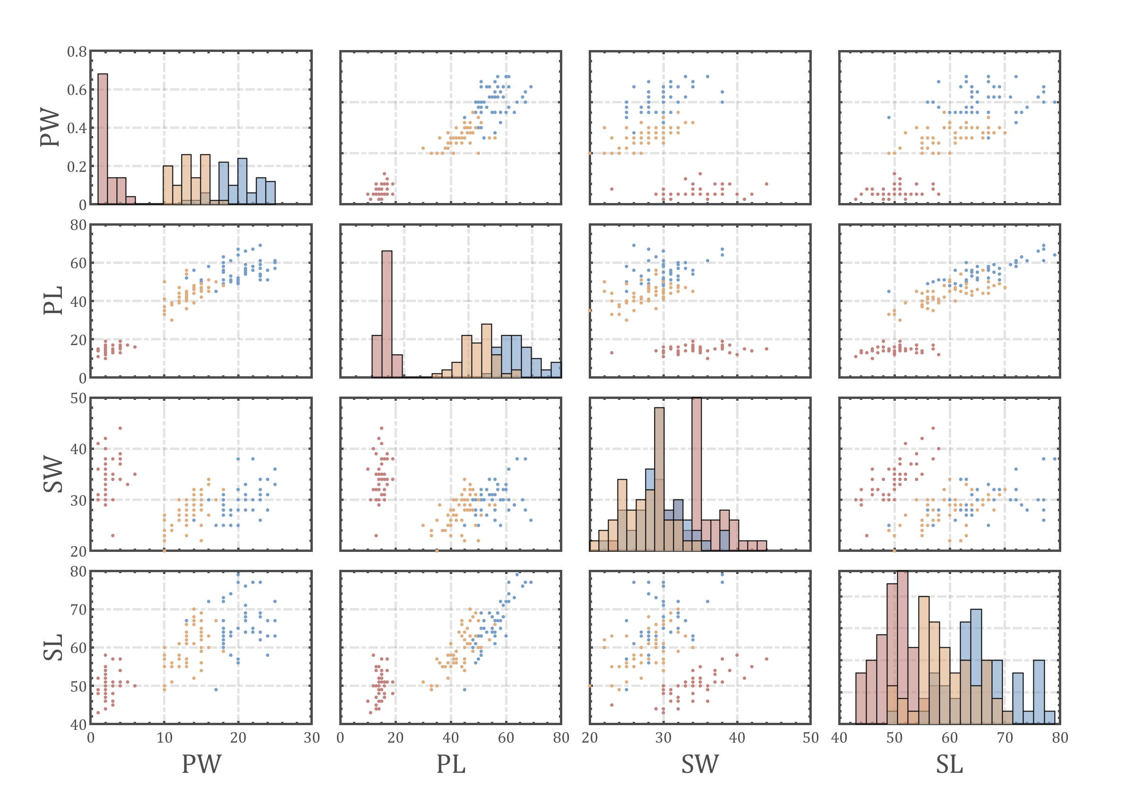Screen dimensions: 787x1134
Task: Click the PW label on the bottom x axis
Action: [x=201, y=764]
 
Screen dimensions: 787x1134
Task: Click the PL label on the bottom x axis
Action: [x=451, y=764]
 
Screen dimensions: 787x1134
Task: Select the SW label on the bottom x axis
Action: [x=700, y=764]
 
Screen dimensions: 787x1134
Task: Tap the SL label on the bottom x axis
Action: [x=949, y=764]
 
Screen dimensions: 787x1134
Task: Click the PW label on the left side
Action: [x=51, y=127]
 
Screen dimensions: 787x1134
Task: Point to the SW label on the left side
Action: [x=53, y=474]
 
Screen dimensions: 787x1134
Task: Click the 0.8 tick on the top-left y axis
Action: [x=77, y=52]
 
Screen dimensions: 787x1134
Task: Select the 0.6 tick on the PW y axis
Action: [x=77, y=90]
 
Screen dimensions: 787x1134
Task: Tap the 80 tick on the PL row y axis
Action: [x=78, y=225]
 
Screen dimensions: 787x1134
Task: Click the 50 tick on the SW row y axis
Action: [x=78, y=398]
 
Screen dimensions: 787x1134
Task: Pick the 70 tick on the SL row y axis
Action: [x=78, y=610]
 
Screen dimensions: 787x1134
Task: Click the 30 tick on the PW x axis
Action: [x=311, y=738]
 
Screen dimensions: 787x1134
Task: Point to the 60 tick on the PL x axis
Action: [x=506, y=738]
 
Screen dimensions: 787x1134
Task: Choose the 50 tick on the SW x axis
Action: [x=810, y=738]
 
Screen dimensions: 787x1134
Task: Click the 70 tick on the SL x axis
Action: [x=1005, y=738]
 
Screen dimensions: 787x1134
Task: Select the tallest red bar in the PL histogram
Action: [x=387, y=314]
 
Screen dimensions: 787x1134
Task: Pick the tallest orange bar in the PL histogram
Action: [x=486, y=351]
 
